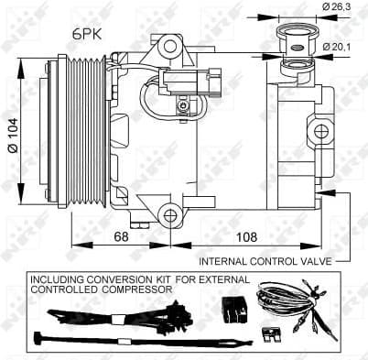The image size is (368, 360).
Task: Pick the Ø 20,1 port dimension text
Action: click(337, 47)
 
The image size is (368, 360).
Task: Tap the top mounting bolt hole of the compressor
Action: click(168, 46)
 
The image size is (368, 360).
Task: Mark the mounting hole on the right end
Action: click(320, 131)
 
